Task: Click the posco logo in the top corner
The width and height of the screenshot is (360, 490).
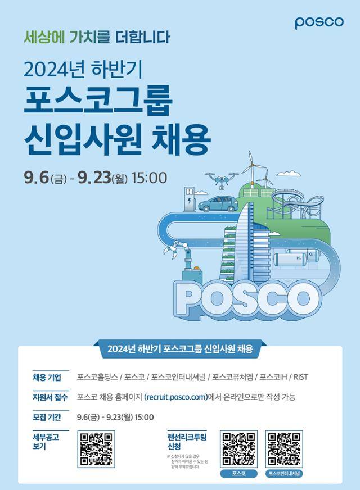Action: [319, 22]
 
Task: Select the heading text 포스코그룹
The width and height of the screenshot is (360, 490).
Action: [97, 99]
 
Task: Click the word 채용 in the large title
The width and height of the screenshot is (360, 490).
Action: [182, 135]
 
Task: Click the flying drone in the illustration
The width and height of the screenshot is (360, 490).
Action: [220, 179]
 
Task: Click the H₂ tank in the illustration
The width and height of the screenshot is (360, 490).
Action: [292, 259]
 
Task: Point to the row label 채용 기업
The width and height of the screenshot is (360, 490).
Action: [47, 376]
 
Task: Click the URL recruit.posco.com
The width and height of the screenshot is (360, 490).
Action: [176, 397]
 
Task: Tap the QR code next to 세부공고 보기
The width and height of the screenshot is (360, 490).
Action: [96, 448]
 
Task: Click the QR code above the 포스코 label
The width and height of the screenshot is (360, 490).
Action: [239, 449]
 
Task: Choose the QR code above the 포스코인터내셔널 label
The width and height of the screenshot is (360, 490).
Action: [283, 449]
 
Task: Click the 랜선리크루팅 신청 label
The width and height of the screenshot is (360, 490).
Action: [183, 440]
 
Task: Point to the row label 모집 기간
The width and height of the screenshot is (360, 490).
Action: [47, 417]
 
